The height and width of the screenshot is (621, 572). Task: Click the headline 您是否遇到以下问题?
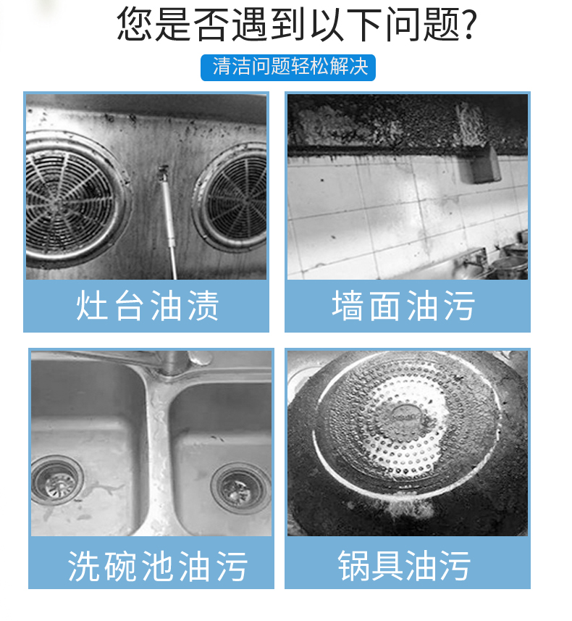[x=298, y=24]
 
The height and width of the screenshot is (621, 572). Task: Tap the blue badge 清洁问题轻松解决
[x=288, y=67]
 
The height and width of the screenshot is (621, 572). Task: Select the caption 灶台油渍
[x=147, y=305]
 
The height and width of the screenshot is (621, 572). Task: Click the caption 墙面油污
[x=403, y=305]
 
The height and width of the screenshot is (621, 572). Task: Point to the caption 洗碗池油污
[x=158, y=566]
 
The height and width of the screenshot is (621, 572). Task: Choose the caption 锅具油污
[x=404, y=566]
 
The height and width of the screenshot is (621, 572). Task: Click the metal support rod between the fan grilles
[x=168, y=222]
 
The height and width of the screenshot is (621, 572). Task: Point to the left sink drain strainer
[x=56, y=480]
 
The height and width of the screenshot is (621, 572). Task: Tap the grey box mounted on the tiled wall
[x=480, y=164]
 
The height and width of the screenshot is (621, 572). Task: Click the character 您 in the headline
[x=134, y=24]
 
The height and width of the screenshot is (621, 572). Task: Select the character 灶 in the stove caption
[x=91, y=305]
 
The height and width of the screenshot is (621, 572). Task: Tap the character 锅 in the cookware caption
[x=353, y=566]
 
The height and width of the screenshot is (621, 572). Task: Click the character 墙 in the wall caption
[x=348, y=305]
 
